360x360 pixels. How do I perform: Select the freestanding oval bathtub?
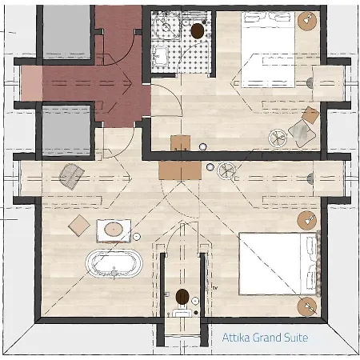pyautogui.click(x=114, y=264)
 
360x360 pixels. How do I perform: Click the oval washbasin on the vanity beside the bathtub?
pyautogui.click(x=114, y=230)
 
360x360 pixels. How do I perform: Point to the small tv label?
pyautogui.click(x=215, y=288)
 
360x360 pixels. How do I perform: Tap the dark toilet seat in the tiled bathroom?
pyautogui.click(x=198, y=31)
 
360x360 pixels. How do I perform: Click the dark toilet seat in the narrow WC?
pyautogui.click(x=182, y=297)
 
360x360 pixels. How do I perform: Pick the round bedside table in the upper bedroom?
pyautogui.click(x=307, y=21)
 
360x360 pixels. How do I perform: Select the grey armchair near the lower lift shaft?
pyautogui.click(x=71, y=176)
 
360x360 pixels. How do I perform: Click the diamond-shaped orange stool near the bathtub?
pyautogui.click(x=79, y=226)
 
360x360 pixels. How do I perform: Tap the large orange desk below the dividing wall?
pyautogui.click(x=180, y=170)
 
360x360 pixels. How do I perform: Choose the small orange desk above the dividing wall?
pyautogui.click(x=181, y=143)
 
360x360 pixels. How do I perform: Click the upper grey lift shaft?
pyautogui.click(x=66, y=33)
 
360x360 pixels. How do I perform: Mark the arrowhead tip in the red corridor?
pyautogui.click(x=132, y=83)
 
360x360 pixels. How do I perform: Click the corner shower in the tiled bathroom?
pyautogui.click(x=166, y=26)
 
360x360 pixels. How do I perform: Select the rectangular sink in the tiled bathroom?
pyautogui.click(x=160, y=56)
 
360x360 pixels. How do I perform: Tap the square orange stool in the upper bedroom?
pyautogui.click(x=310, y=115)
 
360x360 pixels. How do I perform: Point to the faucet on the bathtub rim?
pyautogui.click(x=114, y=273)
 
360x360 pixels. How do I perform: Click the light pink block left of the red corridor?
pyautogui.click(x=31, y=83)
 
